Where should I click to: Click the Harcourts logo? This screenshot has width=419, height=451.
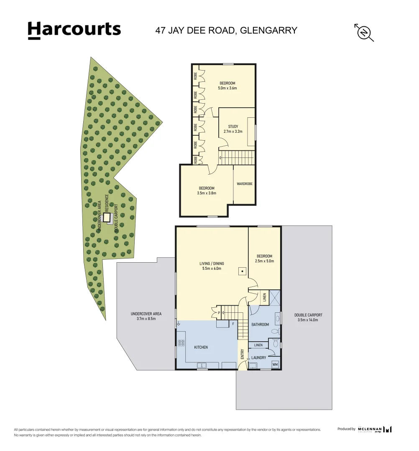[74, 30]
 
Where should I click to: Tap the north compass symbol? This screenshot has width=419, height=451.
[364, 32]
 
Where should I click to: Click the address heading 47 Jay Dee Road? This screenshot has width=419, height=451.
[226, 30]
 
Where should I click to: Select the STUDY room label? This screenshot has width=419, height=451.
[233, 127]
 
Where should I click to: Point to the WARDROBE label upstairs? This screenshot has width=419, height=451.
[245, 184]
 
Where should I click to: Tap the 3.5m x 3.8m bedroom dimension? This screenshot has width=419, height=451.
[207, 193]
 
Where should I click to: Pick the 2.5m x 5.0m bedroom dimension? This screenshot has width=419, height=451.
[264, 261]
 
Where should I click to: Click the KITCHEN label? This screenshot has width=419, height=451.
[201, 347]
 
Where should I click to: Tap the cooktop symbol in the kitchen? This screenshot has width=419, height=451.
[181, 343]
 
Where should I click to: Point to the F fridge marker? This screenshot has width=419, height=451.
[233, 324]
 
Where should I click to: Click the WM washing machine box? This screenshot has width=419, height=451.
[275, 365]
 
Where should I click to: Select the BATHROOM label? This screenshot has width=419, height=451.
[260, 324]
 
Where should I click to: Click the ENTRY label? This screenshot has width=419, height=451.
[242, 354]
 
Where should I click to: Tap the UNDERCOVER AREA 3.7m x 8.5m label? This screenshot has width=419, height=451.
[146, 316]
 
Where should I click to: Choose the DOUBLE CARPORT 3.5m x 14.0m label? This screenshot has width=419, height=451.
[308, 318]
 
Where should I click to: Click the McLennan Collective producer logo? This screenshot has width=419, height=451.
[375, 429]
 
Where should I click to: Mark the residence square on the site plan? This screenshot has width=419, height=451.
[107, 218]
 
